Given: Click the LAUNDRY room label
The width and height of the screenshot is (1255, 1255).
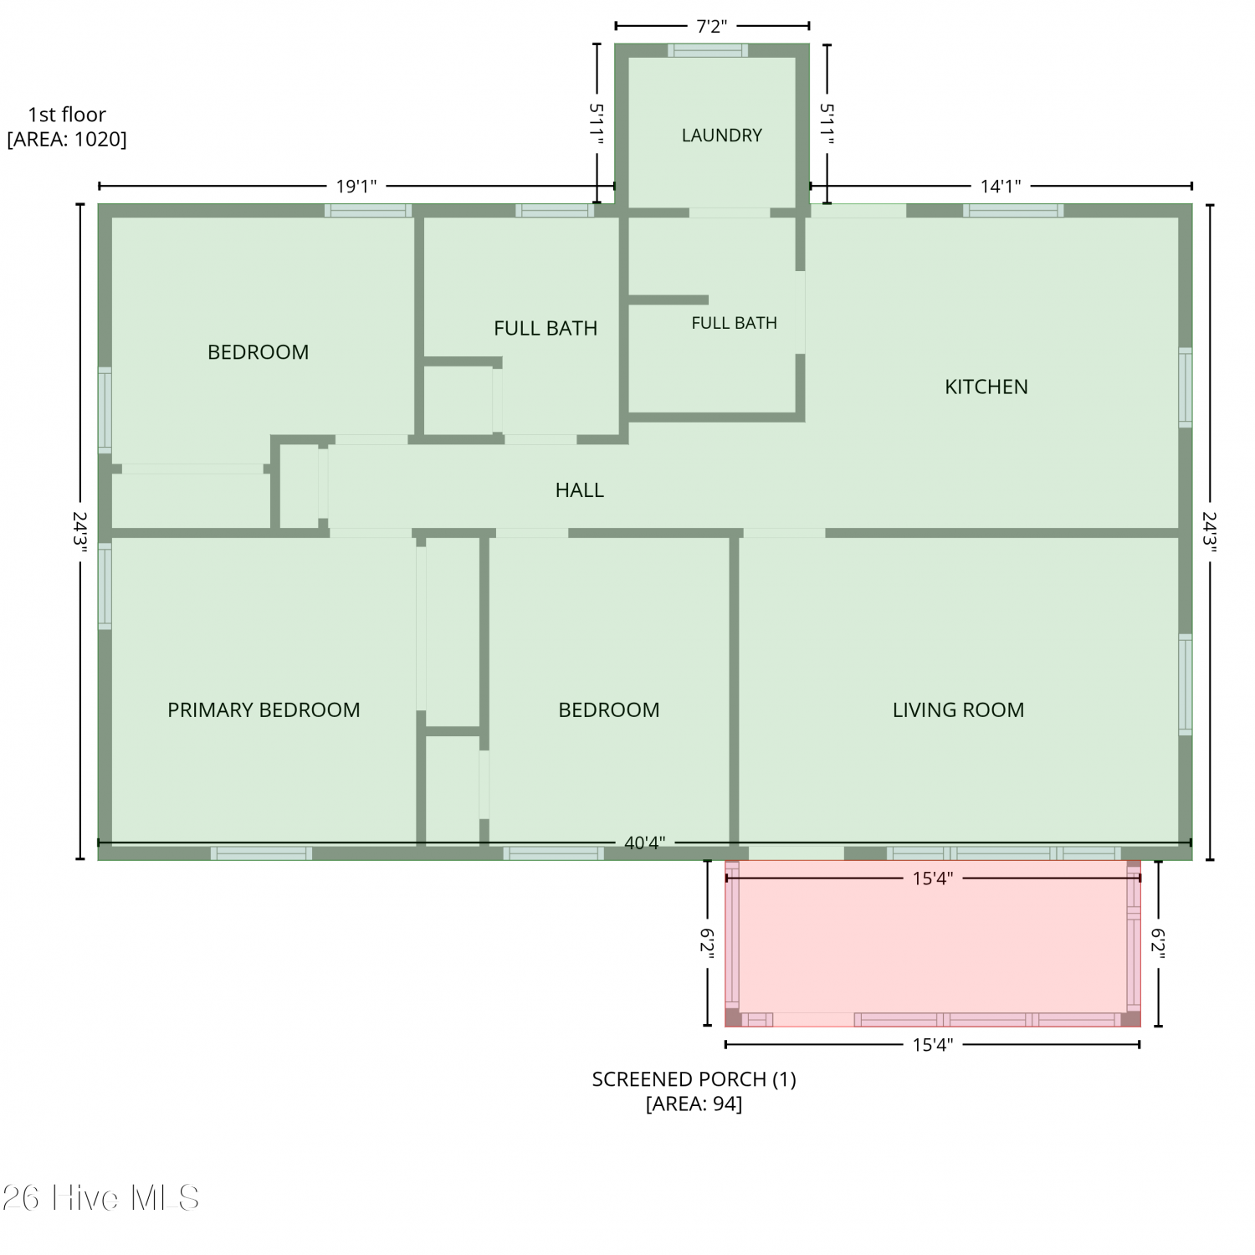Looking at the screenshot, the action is click(x=721, y=135).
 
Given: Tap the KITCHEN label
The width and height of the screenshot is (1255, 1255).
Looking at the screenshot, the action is click(x=986, y=387).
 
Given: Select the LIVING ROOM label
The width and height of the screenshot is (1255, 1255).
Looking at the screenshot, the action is click(x=958, y=709).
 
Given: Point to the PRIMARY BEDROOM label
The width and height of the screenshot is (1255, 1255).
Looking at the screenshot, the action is click(x=264, y=709).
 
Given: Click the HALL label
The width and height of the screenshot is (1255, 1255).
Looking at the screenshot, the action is click(x=579, y=489).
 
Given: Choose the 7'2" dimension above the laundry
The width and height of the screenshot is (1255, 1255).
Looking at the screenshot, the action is click(x=710, y=26).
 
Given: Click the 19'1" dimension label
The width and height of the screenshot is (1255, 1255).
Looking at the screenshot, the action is click(x=356, y=186).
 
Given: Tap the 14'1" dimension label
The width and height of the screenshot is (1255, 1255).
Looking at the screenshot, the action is click(x=1001, y=186).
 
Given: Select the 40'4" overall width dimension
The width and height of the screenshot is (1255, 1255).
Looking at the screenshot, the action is click(x=644, y=843).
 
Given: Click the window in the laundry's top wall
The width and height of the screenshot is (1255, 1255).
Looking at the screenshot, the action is click(x=708, y=50).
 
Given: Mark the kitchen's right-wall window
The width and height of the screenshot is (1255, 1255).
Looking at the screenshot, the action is click(x=1186, y=387).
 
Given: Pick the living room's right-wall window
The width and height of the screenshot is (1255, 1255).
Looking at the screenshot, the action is click(x=1186, y=684).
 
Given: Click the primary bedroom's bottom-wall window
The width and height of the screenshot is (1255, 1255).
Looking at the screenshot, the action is click(x=261, y=853).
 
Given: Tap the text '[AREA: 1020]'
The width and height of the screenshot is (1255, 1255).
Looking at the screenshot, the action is click(x=67, y=139).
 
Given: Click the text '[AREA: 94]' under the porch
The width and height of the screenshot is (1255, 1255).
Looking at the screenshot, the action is click(x=694, y=1104).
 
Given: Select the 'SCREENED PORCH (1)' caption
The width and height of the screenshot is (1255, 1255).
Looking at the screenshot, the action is click(x=694, y=1079).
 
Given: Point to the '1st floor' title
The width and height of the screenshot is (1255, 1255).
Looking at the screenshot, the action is click(x=67, y=115).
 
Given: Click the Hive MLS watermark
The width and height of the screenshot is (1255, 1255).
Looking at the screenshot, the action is click(x=100, y=1198).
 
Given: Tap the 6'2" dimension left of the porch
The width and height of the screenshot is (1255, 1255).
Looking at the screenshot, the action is click(x=707, y=943).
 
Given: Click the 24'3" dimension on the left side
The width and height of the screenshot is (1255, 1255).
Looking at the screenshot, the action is click(x=80, y=531).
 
